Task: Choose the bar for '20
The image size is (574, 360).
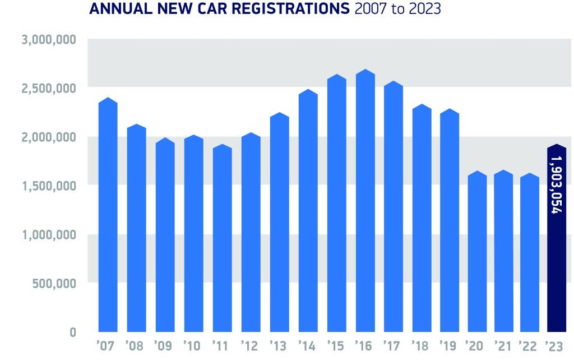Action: pos(477,252)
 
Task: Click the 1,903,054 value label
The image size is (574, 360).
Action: pos(556,185)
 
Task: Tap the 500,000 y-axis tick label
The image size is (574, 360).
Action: pos(50,283)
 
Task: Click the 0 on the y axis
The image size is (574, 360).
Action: pos(73,332)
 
